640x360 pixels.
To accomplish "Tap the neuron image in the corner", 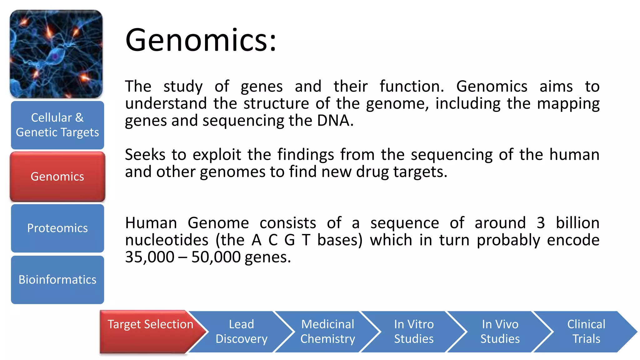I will click(56, 54).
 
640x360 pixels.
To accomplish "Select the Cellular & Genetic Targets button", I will click(57, 125).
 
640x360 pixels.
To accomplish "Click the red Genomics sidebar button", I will click(57, 177).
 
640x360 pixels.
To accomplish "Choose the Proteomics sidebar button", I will click(57, 228).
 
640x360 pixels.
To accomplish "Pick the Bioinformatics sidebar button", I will click(57, 280).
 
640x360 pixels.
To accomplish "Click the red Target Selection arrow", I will click(150, 331).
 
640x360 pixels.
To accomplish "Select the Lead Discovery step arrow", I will click(241, 332).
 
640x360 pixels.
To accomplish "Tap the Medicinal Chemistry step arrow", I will click(327, 332).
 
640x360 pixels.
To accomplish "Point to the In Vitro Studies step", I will click(414, 332).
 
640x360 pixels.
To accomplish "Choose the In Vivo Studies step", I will click(500, 332).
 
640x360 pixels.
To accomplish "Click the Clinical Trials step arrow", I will click(586, 332).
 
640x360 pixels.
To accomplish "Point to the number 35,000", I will click(150, 257).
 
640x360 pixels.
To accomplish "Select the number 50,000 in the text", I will click(216, 257).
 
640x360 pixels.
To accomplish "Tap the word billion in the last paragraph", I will click(577, 223).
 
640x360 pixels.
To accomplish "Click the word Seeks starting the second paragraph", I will click(145, 155).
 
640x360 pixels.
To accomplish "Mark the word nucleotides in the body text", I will click(167, 240).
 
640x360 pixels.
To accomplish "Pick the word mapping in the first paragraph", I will click(568, 104).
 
